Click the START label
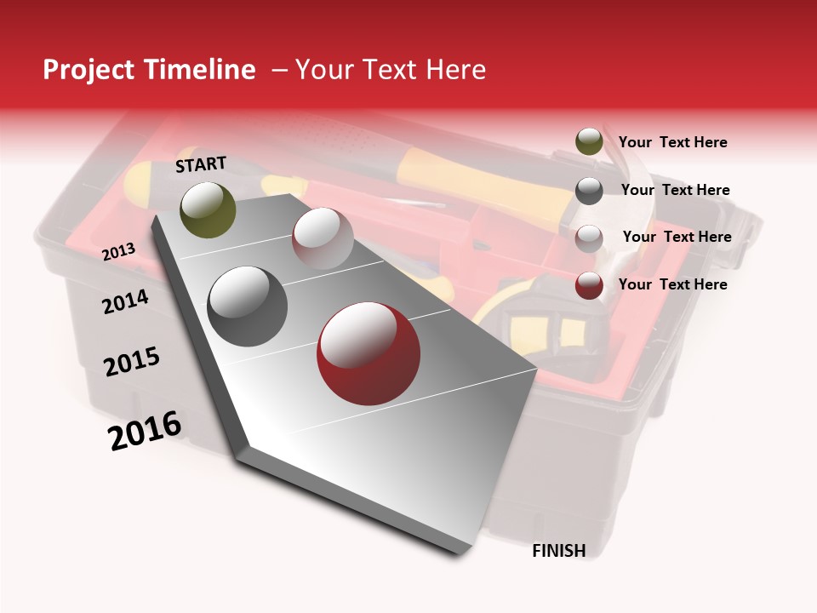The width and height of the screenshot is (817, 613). tap(201, 164)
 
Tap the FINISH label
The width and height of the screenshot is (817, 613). tap(558, 551)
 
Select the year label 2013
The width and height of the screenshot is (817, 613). tap(118, 252)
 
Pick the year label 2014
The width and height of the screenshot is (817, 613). tap(125, 301)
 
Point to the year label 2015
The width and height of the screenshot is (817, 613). tap(132, 362)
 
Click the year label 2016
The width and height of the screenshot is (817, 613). tap(145, 430)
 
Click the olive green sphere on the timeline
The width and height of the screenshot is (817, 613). tap(208, 209)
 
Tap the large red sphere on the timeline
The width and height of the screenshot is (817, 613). tap(369, 353)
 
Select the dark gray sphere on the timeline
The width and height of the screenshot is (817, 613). tap(248, 306)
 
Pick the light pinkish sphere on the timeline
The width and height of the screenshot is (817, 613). tap(323, 238)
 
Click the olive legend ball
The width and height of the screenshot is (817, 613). tap(589, 142)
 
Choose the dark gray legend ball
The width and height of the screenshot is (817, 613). tap(589, 190)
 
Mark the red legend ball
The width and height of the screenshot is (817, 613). tap(589, 284)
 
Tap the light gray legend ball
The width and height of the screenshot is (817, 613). tap(589, 238)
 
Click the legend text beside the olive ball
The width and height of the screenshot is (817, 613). tap(672, 142)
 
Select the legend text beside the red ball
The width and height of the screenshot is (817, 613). tap(672, 284)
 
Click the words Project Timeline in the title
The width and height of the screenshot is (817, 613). tap(149, 70)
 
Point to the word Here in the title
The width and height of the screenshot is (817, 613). tap(455, 70)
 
